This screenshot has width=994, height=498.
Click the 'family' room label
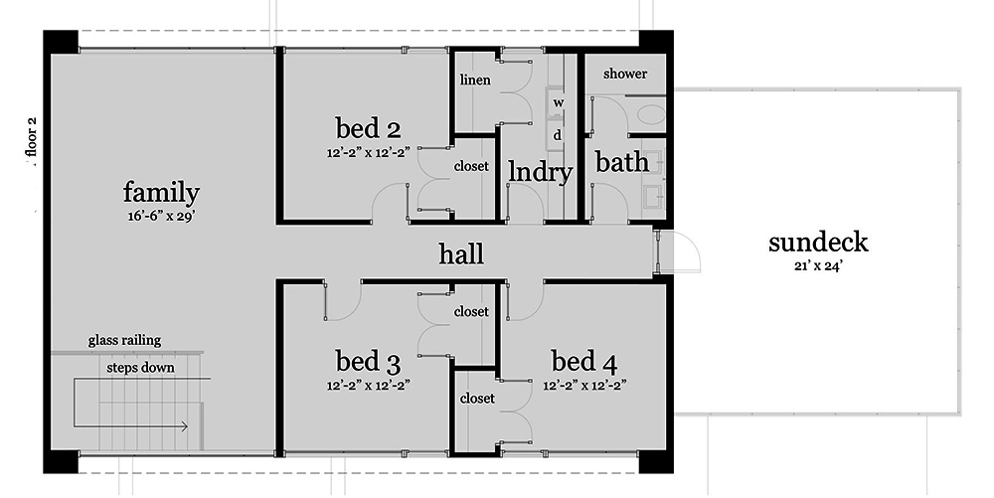tap(161, 193)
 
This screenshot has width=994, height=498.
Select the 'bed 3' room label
tap(368, 362)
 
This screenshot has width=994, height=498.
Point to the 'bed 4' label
tap(583, 362)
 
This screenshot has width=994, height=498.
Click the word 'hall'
tap(461, 254)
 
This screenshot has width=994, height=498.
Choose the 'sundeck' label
tap(818, 242)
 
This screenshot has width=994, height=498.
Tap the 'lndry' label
tap(541, 172)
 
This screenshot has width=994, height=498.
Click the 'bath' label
tap(622, 162)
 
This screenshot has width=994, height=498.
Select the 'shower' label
tap(625, 74)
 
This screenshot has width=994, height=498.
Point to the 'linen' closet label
tap(475, 80)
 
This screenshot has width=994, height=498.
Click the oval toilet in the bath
tap(651, 115)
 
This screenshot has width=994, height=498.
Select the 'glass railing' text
tap(124, 340)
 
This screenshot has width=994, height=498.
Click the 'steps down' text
tap(140, 368)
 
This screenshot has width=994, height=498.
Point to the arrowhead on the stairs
tap(185, 426)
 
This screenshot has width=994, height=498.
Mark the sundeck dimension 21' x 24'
tap(818, 266)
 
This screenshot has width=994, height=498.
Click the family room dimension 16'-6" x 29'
tap(161, 216)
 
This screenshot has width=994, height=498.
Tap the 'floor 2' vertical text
tap(32, 137)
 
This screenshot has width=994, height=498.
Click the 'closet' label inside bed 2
tap(471, 166)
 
